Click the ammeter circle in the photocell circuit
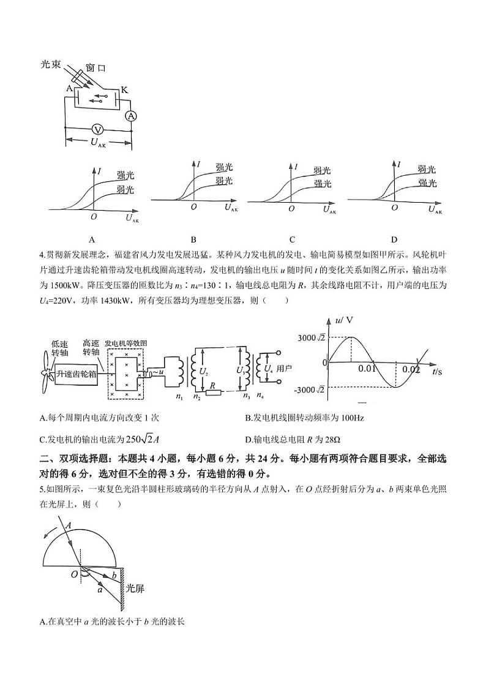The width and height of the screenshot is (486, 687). (x=130, y=116)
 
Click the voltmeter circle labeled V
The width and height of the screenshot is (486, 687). (x=97, y=129)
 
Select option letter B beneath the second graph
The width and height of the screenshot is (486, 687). (x=193, y=239)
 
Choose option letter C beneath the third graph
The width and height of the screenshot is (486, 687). (x=292, y=239)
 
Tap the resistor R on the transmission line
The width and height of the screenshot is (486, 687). (x=212, y=392)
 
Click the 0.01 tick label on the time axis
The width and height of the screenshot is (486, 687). (x=367, y=369)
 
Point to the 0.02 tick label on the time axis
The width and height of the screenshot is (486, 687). (x=411, y=369)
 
